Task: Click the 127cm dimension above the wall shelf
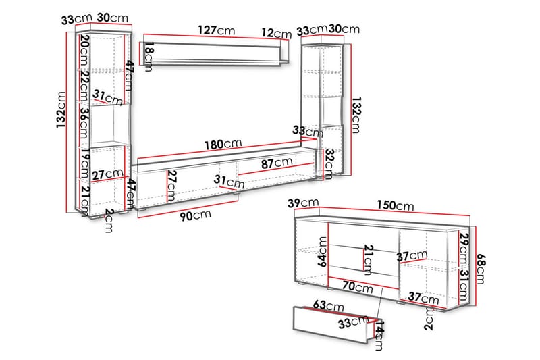point(217,30)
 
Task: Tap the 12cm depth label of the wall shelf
point(276,33)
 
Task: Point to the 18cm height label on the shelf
point(148,57)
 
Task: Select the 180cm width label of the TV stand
point(223,144)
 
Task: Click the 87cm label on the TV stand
point(277,163)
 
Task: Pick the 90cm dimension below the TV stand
point(195,215)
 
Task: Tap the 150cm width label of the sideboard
point(395,205)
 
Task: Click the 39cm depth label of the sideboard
point(303,203)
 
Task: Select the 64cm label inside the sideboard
point(323,252)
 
